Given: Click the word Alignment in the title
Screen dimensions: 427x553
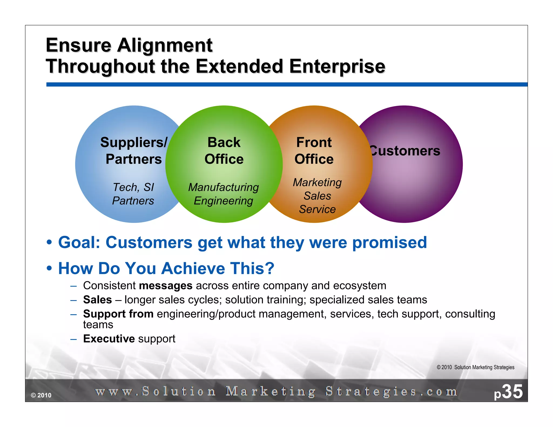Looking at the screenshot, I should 165,45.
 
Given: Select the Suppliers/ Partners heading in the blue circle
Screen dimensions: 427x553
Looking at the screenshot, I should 134,151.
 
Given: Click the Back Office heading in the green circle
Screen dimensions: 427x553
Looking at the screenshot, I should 224,151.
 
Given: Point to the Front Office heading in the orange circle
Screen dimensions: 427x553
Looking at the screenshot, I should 314,151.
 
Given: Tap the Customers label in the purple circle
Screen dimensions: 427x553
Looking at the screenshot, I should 405,151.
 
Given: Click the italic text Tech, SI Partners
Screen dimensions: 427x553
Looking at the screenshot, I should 133,194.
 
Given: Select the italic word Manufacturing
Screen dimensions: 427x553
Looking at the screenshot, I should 223,187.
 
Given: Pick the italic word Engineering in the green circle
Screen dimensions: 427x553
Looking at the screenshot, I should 223,201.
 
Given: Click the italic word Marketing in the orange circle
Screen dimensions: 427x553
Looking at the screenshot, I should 317,182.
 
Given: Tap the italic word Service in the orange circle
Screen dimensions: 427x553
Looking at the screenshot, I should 317,209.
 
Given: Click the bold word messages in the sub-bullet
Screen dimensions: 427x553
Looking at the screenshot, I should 166,286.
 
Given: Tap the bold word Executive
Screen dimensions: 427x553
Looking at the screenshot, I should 109,339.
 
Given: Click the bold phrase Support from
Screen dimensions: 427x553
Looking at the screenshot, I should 118,314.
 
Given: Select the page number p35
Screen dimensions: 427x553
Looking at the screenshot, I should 508,392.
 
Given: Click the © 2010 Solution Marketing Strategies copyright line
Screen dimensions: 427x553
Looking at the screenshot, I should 475,367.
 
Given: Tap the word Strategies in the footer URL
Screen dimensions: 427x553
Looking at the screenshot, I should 371,392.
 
